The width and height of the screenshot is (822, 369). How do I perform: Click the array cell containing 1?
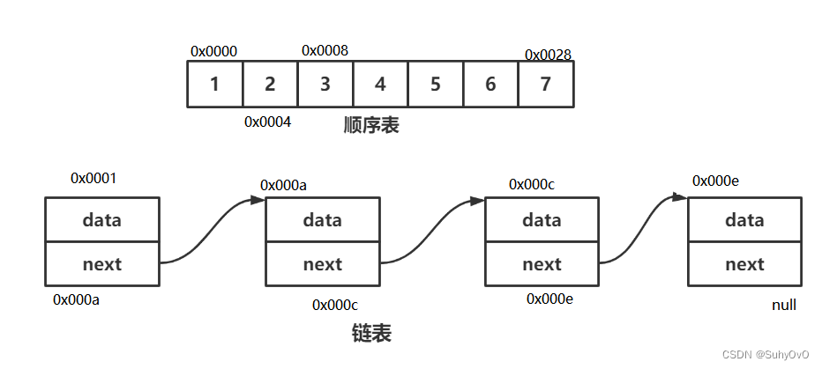coord(214,85)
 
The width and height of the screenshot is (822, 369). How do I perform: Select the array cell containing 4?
coord(380,85)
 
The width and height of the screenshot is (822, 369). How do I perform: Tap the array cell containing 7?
coord(546,85)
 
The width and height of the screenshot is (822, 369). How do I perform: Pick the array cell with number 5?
coord(436,85)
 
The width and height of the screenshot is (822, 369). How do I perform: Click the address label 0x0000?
coord(213,52)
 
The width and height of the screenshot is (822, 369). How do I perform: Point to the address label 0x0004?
coord(267,122)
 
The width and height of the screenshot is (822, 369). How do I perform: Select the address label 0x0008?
coord(325,51)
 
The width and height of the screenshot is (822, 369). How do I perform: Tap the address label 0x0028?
coord(548,55)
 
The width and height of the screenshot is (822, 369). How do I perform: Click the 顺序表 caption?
coord(371,125)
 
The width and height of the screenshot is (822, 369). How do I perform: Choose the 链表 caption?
coord(371,334)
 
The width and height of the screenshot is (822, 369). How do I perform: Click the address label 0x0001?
coord(93,179)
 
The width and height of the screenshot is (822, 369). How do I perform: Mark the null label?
coord(783,305)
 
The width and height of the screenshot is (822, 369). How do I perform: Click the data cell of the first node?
coord(102,220)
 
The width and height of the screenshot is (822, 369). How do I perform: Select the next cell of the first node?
coord(102,264)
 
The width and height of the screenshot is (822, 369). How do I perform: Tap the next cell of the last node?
coord(744,264)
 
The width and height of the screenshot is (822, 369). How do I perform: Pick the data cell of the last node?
coord(744,220)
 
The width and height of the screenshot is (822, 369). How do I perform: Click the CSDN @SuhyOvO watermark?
coord(765,354)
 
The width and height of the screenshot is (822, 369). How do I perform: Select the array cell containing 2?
coord(270,85)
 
